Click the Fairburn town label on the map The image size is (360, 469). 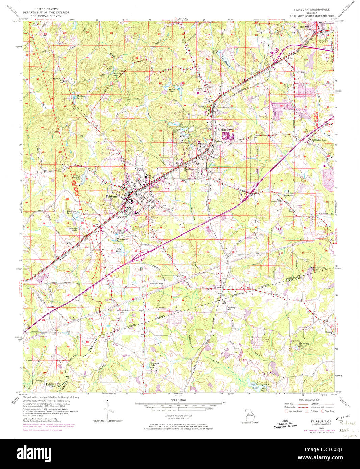click(111, 196)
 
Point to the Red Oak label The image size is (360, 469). click(305, 27)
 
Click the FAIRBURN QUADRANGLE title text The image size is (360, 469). click(311, 10)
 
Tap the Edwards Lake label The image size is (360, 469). click(154, 364)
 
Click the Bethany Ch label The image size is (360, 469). click(231, 308)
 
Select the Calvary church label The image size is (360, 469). click(328, 332)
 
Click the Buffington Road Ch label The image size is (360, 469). click(318, 140)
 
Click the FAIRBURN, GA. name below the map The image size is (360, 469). click(321, 422)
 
